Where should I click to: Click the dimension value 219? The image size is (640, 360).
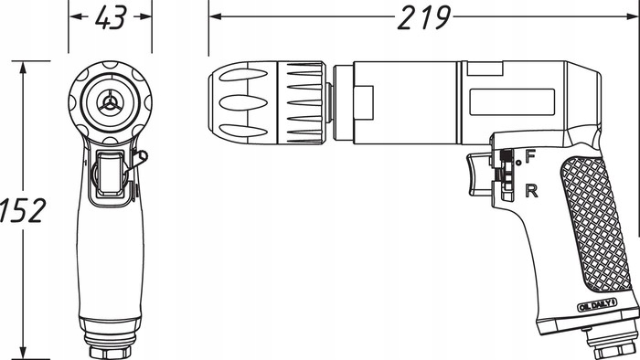pos(424,16)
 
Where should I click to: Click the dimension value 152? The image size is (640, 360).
pos(22,209)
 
